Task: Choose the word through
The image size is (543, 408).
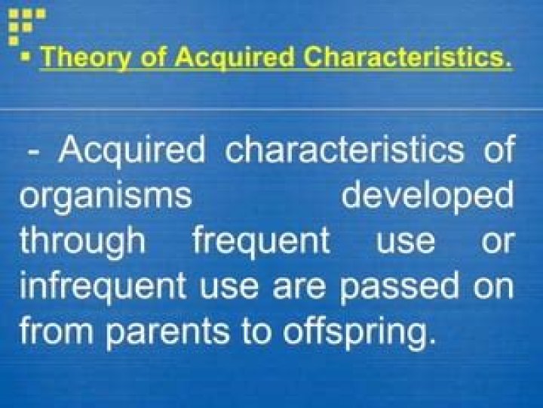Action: pos(83,241)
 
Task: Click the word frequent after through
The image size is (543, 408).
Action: pos(261,243)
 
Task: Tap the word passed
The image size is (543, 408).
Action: pos(387,287)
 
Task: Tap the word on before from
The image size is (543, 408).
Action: pos(493,288)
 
